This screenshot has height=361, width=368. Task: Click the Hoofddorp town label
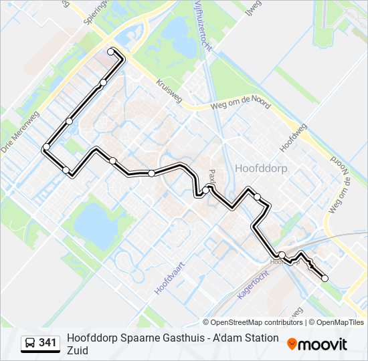click(x=262, y=168)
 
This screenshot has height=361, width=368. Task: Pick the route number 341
click(x=48, y=343)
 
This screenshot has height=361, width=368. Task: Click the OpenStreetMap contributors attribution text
click(x=252, y=322)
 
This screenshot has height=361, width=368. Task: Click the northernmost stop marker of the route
click(x=111, y=51)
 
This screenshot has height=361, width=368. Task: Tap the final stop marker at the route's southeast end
click(x=325, y=279)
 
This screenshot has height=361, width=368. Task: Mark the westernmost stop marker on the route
click(x=46, y=147)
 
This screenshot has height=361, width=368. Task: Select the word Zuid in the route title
click(x=78, y=350)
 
